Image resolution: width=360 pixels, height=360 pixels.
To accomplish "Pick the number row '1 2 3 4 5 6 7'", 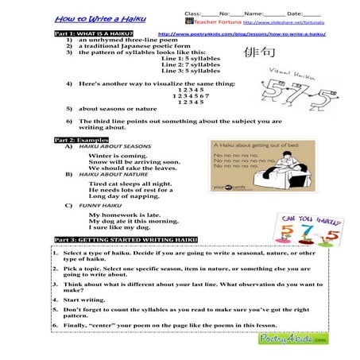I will [191, 95].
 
